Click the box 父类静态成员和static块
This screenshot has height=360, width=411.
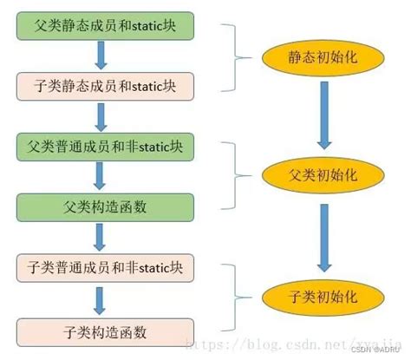point(105,25)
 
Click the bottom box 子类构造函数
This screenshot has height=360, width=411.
point(105,331)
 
